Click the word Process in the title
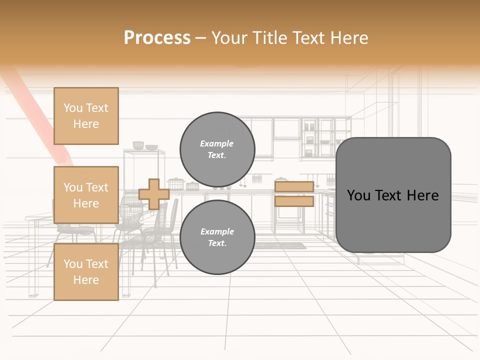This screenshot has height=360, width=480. click(157, 38)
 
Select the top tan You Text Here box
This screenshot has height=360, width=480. click(86, 115)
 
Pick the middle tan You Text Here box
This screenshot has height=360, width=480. click(86, 195)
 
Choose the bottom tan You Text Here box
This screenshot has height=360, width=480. click(86, 271)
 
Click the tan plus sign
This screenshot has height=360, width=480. click(154, 194)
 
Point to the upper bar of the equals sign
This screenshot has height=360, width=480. click(294, 187)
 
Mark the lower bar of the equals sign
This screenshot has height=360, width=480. click(294, 201)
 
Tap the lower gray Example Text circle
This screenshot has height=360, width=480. click(217, 237)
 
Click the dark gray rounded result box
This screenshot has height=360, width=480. click(393, 195)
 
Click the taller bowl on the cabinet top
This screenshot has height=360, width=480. click(138, 145)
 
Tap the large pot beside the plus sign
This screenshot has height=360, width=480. click(175, 183)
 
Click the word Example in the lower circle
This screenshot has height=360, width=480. click(217, 231)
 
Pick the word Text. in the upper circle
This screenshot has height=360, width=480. click(217, 155)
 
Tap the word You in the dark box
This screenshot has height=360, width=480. click(358, 195)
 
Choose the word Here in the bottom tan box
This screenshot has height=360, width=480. click(86, 280)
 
